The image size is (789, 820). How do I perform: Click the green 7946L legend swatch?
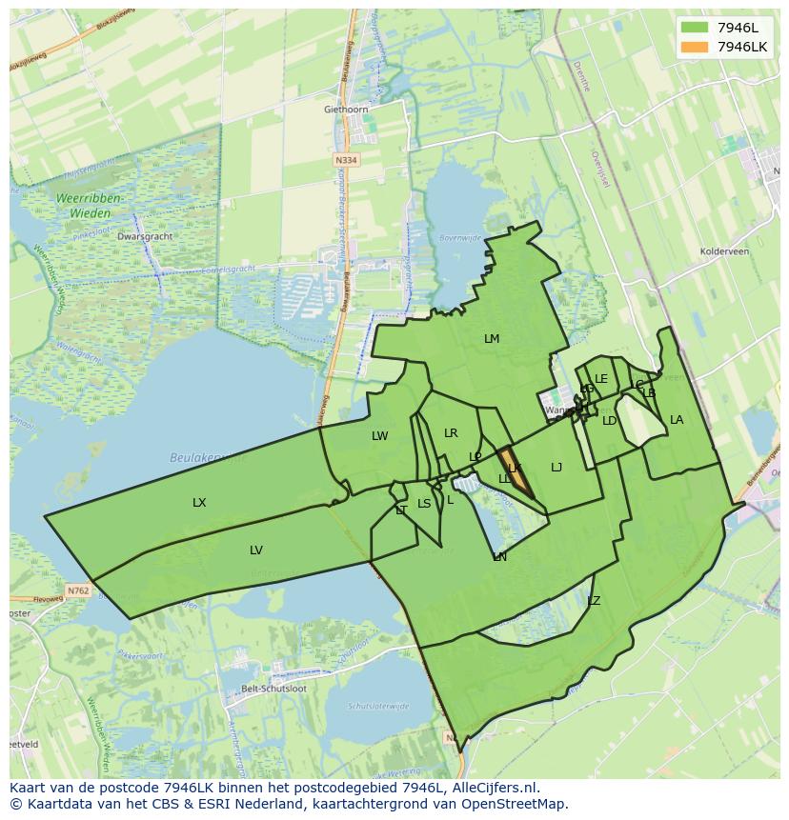[x=696, y=28]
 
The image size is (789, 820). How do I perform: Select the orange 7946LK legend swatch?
[x=696, y=47]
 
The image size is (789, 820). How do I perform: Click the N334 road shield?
[x=347, y=161]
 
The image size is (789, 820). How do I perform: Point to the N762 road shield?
[x=77, y=590]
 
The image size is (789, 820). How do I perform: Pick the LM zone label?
[x=492, y=339]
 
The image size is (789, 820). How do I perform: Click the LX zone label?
[x=199, y=503]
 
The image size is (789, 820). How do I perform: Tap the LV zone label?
[x=255, y=550]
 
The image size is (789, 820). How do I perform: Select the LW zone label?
[x=379, y=436]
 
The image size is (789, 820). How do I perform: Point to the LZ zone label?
[x=594, y=601]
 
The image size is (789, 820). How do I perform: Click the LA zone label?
[x=677, y=420]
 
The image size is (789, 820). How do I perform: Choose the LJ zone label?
[x=556, y=468]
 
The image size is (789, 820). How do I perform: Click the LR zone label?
[x=451, y=433]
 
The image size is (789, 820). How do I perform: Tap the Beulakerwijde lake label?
[x=206, y=458]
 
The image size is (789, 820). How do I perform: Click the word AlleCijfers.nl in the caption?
[x=495, y=788]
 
